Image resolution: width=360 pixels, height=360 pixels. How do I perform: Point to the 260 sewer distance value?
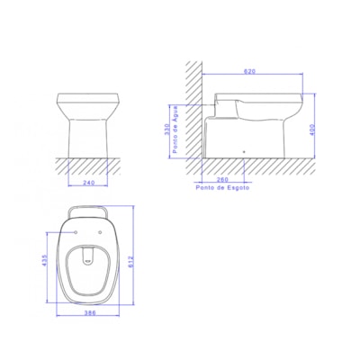pos(221,177)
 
